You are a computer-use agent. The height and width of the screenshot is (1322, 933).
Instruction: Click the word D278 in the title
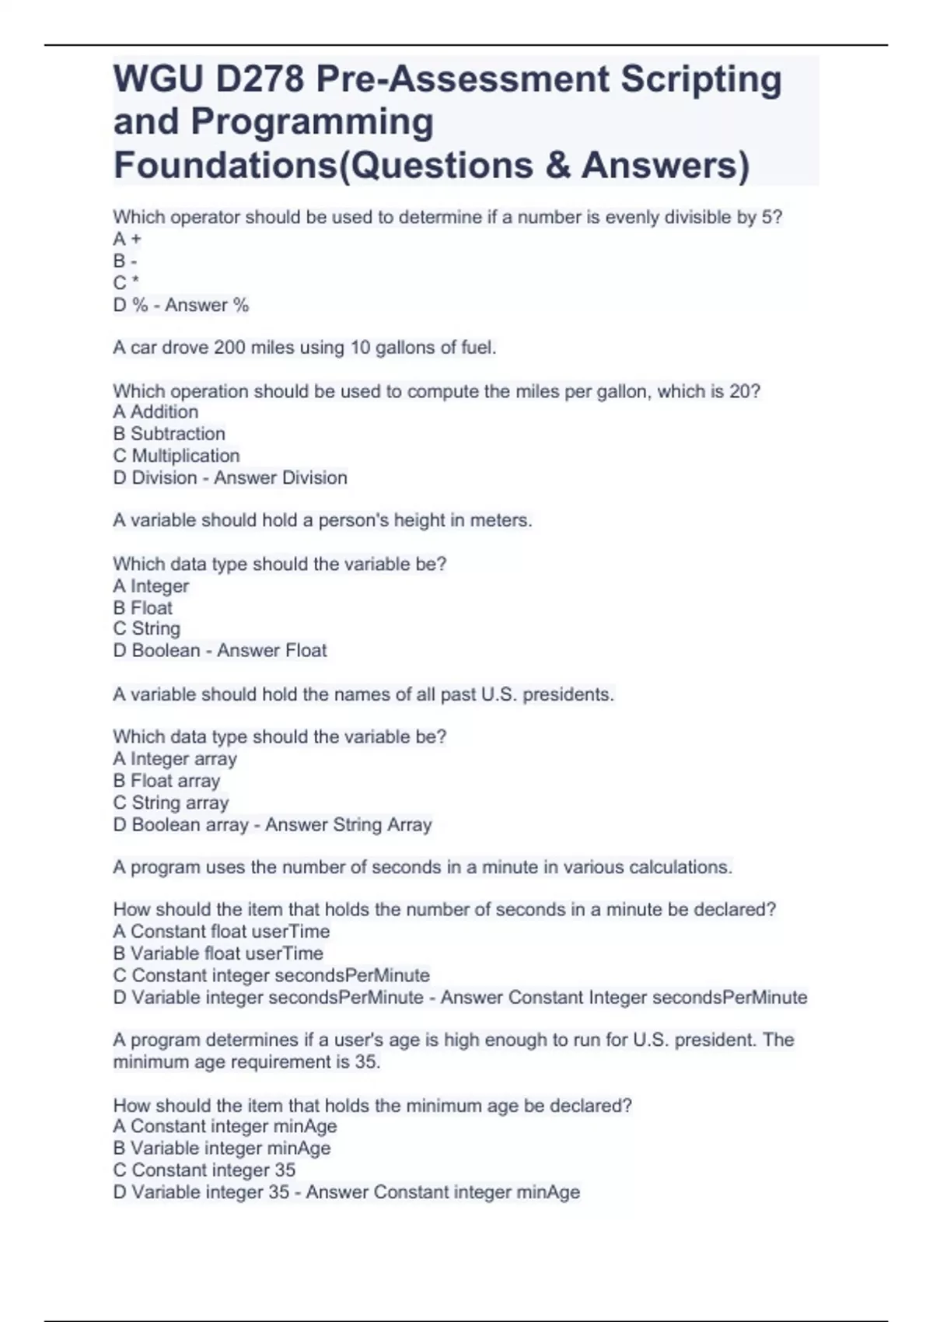click(260, 79)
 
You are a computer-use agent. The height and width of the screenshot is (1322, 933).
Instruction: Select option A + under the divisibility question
click(128, 240)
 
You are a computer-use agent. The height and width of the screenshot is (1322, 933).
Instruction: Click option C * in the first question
click(126, 283)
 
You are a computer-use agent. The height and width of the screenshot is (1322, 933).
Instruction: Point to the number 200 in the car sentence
click(230, 348)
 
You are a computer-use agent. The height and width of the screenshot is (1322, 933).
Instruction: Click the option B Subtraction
click(169, 434)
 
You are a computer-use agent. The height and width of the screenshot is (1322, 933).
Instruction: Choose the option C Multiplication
click(176, 456)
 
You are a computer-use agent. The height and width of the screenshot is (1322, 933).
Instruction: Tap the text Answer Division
click(281, 477)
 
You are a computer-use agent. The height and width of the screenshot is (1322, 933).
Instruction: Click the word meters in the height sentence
click(500, 520)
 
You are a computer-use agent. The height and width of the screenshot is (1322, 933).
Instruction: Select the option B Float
click(143, 607)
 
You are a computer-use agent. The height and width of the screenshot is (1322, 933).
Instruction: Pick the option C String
click(147, 628)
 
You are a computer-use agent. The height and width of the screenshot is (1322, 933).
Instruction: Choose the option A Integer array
click(175, 759)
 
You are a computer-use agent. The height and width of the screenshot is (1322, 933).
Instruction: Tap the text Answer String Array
click(348, 824)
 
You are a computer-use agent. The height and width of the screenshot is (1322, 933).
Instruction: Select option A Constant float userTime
click(222, 932)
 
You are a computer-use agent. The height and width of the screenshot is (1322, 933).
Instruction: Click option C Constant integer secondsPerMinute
click(271, 975)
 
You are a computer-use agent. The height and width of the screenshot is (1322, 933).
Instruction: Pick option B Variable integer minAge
click(222, 1148)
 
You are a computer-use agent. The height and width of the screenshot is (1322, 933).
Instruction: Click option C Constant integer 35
click(204, 1170)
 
